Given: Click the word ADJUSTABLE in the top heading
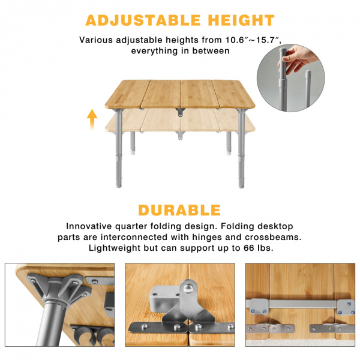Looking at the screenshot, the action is [143, 20].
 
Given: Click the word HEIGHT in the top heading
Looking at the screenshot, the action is [241, 20].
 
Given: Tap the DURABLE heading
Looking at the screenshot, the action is [179, 210].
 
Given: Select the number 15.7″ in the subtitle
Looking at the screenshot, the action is [269, 40].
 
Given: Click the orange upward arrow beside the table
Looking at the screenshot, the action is [92, 119].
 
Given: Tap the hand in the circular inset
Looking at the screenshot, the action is [298, 59].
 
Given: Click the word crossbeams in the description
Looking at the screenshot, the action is [273, 237].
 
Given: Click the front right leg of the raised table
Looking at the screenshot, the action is [241, 149].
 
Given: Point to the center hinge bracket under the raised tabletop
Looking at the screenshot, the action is [181, 112].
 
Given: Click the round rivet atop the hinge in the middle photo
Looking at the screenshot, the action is [188, 288].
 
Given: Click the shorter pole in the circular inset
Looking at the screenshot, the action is [308, 89].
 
